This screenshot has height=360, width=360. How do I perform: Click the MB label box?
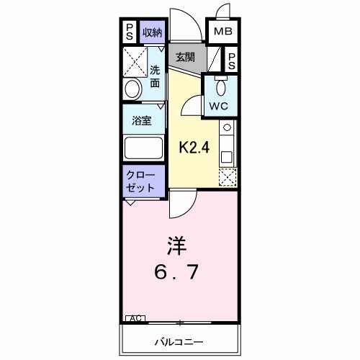[221, 32]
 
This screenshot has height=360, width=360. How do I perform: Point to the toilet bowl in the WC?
[221, 87]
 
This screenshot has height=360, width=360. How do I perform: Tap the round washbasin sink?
[133, 88]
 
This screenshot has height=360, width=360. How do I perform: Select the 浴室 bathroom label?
[141, 120]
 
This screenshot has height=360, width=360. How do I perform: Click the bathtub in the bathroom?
[141, 148]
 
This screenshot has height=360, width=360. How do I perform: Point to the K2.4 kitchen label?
[193, 148]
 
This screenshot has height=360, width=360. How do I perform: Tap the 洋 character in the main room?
[178, 247]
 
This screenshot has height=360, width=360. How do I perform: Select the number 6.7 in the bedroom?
[178, 274]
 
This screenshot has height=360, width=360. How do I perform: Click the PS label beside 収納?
[129, 32]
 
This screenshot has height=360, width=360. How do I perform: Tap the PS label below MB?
[232, 61]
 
